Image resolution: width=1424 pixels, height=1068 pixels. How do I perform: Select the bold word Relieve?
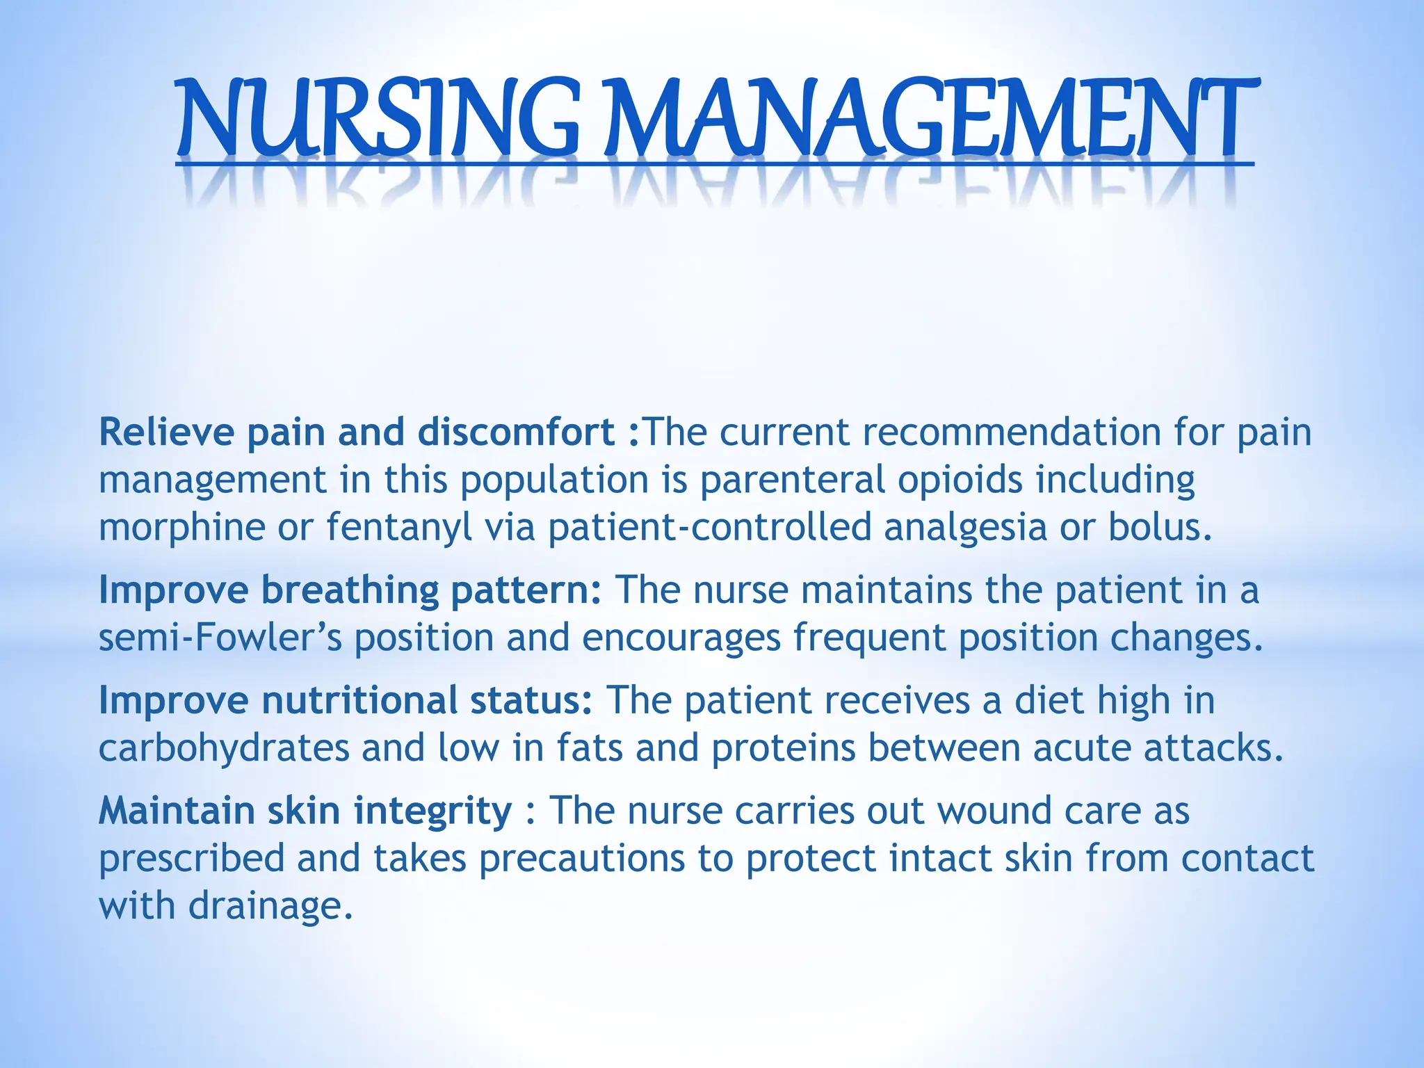click(167, 432)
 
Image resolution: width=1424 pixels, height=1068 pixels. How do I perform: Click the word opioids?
click(960, 480)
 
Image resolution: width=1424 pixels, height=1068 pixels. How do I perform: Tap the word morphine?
click(181, 527)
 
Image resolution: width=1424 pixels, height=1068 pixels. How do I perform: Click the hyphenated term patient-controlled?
click(709, 527)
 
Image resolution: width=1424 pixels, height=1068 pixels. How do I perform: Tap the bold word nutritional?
click(359, 700)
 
